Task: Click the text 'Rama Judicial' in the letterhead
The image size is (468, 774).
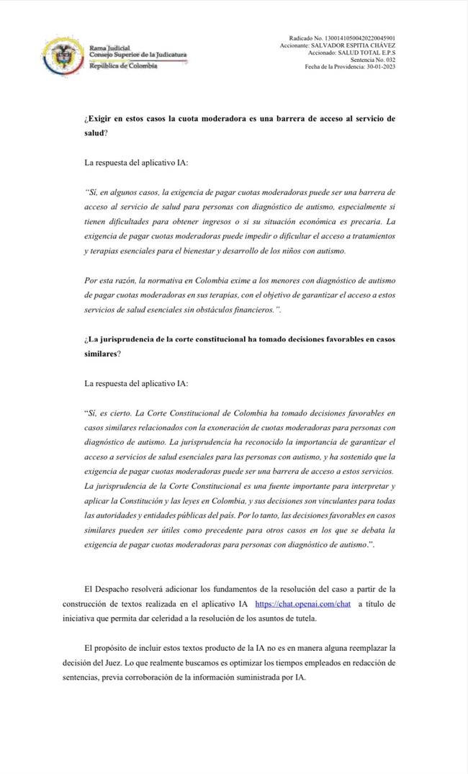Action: click(x=109, y=48)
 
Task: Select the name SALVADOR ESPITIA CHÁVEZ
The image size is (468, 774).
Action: click(x=357, y=45)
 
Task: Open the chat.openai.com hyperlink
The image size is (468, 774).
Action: click(x=303, y=604)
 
